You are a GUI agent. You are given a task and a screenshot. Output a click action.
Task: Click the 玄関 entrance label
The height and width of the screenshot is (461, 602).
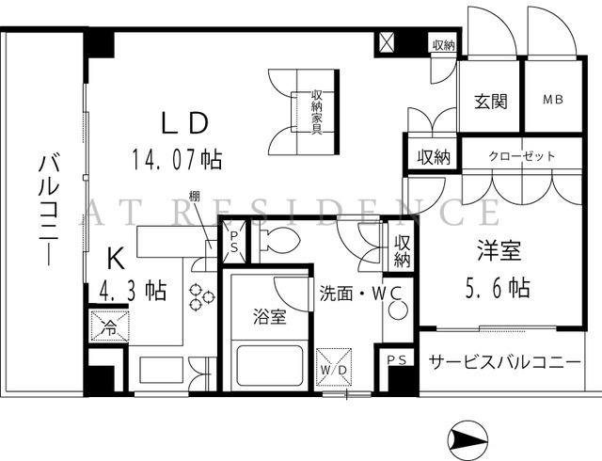[x=491, y=102]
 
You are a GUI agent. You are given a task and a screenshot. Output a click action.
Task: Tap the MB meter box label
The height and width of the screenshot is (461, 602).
[x=553, y=100]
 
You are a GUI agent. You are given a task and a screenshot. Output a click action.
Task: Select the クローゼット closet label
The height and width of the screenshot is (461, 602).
[x=522, y=156]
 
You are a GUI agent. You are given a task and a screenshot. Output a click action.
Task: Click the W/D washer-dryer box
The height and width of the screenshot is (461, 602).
[x=333, y=367]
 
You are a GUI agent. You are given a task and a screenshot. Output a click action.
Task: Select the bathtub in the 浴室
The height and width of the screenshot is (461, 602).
[x=270, y=365]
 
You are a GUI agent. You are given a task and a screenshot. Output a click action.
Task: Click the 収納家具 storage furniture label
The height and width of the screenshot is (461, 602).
[x=316, y=112]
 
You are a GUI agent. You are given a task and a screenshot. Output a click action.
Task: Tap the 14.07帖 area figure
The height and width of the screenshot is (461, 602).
[x=177, y=159]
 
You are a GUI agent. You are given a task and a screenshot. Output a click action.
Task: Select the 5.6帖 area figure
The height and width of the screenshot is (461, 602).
[x=498, y=288]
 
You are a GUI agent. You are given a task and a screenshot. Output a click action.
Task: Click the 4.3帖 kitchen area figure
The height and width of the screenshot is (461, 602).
[x=133, y=291]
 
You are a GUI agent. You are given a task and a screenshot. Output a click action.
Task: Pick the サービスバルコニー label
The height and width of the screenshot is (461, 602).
[x=504, y=362]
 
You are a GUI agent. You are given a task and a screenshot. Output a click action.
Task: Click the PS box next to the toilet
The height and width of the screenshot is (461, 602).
[x=234, y=242]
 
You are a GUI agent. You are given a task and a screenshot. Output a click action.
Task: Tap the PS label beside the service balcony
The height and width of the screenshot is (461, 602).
[x=397, y=360]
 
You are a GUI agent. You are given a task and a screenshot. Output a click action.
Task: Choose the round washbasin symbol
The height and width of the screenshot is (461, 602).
[x=397, y=310]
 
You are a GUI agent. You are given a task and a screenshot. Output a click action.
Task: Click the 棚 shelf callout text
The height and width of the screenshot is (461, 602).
[x=195, y=196]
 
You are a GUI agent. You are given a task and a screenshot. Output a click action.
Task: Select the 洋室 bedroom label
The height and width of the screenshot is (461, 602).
[x=499, y=250]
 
